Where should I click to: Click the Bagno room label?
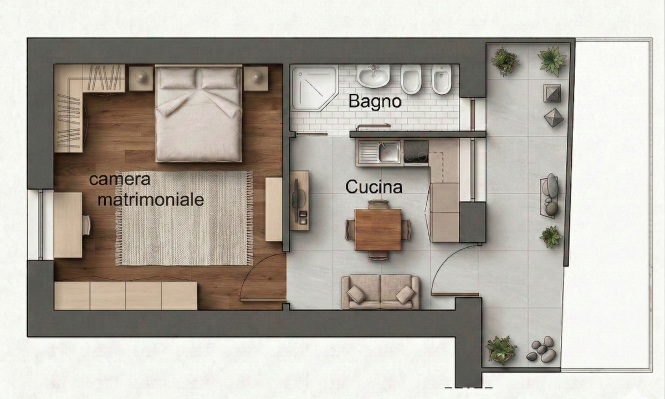[x=375, y=101]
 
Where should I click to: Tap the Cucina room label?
[x=374, y=187]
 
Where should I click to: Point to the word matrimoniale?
[x=151, y=200]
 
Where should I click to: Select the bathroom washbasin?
[x=374, y=76]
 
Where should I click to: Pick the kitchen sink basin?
[x=390, y=152]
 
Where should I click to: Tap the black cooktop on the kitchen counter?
[x=416, y=151]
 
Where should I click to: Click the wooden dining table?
[x=377, y=230]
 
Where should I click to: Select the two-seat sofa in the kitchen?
[x=380, y=292]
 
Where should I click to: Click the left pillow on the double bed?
[x=177, y=78]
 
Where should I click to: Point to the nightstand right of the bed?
[x=256, y=78]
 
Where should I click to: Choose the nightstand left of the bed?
[x=141, y=78]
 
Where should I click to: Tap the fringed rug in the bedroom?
[x=185, y=218]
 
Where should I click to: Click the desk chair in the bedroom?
[x=86, y=225]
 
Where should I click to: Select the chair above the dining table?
[x=378, y=204]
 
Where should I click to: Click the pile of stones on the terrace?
[x=541, y=349]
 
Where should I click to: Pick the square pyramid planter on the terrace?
[x=552, y=93]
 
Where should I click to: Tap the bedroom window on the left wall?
[x=40, y=225]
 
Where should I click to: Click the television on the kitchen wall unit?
[x=296, y=201]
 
